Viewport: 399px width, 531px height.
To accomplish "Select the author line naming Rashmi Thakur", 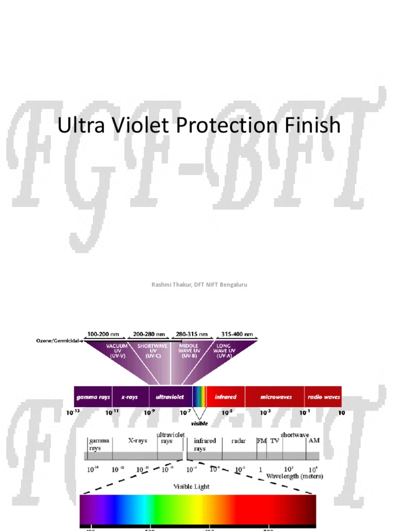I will coord(199,285).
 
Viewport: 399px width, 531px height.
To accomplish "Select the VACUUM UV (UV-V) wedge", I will coord(118,351).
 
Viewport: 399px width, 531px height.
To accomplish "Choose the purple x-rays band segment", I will coord(130,397).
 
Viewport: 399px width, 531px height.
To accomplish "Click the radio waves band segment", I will coord(323,397).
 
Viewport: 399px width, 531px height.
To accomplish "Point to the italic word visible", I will coord(199,423).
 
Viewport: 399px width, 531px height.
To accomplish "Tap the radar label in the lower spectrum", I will coord(238,440).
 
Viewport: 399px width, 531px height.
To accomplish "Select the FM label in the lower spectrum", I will coord(261,440).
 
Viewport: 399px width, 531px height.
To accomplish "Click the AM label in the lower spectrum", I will coord(314,440).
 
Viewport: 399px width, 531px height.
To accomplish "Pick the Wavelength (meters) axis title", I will coord(294,476).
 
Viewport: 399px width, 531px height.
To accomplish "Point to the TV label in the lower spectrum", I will coord(274,440).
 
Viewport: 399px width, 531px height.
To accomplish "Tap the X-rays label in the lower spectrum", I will coord(138,440).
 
